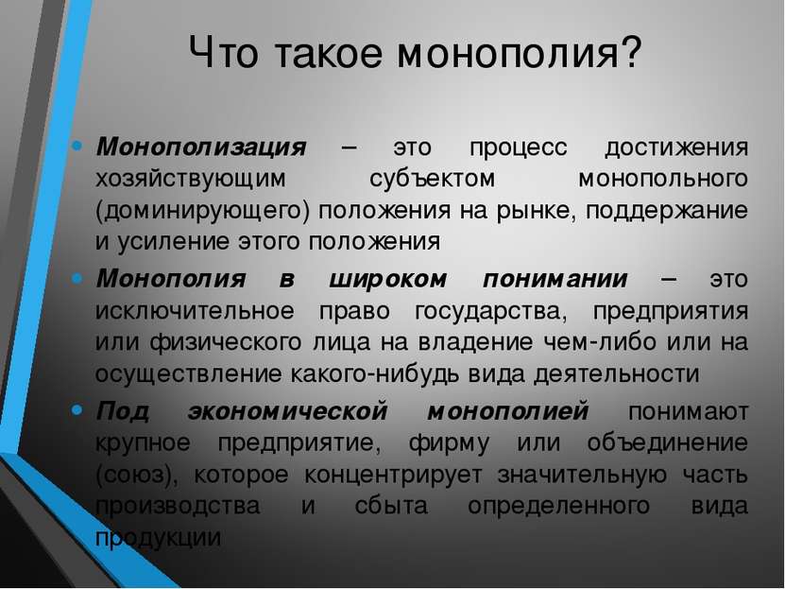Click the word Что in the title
pos(224,52)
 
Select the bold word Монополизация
pos(201,147)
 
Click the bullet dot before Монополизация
pos(77,146)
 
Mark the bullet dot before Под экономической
pos(77,410)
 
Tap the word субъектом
pos(433,179)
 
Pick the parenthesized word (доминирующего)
pos(203,211)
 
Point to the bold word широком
pos(387,280)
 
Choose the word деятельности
pos(617,374)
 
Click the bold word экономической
pos(288,411)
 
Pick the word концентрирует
pos(393,476)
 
